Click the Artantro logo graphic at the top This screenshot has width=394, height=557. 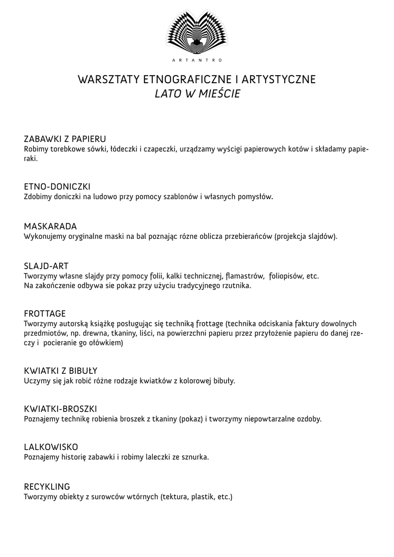197,30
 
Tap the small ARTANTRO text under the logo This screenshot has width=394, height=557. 197,59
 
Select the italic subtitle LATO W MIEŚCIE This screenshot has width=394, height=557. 197,94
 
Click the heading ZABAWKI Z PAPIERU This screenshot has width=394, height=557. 65,139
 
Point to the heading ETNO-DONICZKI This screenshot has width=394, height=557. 57,186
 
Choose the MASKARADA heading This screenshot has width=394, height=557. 51,226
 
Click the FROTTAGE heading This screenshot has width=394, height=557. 45,314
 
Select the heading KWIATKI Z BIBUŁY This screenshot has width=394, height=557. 61,370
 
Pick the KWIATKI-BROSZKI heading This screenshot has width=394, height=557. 61,409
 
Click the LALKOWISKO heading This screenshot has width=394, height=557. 51,447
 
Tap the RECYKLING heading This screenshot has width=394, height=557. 47,486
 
